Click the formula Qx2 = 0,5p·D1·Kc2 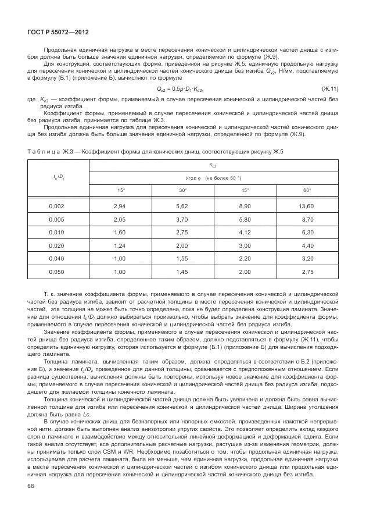tap(181, 88)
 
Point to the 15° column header tap(120, 190)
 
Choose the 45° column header tap(245, 190)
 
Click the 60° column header tap(307, 190)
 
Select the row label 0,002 tap(56, 206)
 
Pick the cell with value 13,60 tap(306, 206)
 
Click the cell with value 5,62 tap(182, 206)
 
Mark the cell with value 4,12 tap(245, 232)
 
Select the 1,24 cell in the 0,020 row tap(120, 245)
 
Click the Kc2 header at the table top tap(213, 165)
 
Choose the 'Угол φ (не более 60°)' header tap(213, 178)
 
